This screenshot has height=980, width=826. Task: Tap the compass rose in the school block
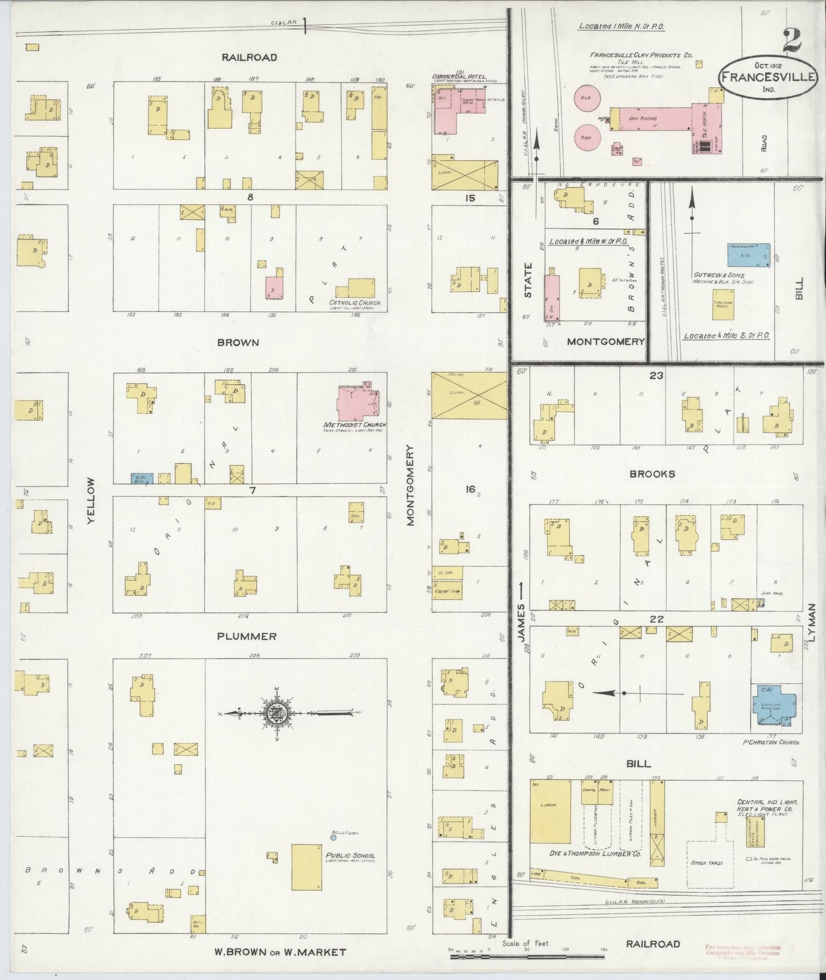click(277, 712)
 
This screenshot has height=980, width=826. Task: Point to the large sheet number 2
click(792, 39)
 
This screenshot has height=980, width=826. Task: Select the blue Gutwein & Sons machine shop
click(748, 256)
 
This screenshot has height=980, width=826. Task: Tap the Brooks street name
click(652, 474)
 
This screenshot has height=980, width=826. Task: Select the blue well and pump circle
click(333, 838)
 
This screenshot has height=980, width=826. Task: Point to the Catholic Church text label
click(354, 302)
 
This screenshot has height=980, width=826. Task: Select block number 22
click(657, 619)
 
